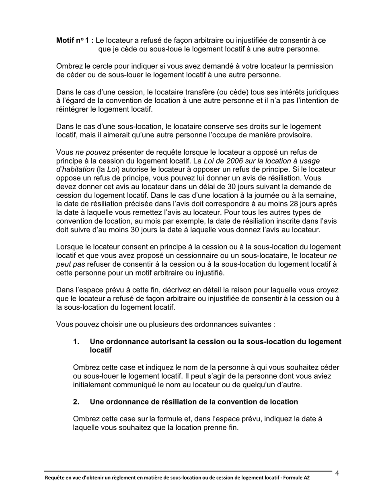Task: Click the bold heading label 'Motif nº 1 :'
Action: coord(75,41)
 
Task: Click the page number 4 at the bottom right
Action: coord(337,473)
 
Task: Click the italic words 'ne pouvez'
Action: coord(92,152)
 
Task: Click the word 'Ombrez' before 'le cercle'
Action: coord(68,66)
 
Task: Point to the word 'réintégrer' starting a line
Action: coord(72,109)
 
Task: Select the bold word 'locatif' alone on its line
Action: coord(101,350)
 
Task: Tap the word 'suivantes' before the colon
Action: coord(257,325)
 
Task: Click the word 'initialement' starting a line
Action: coord(93,385)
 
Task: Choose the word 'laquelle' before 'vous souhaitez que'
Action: coord(86,428)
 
